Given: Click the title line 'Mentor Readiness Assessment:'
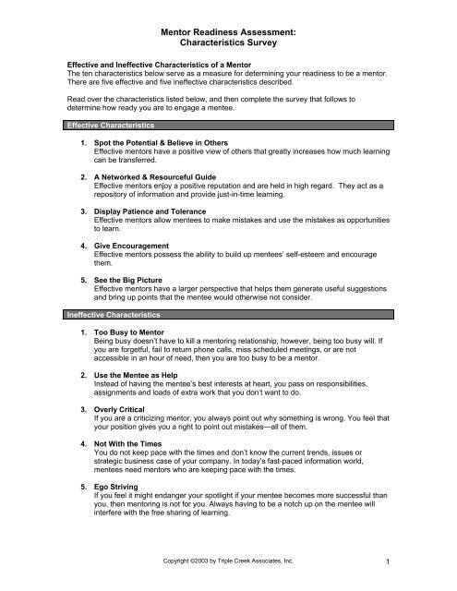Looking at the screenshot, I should coord(228,31).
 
